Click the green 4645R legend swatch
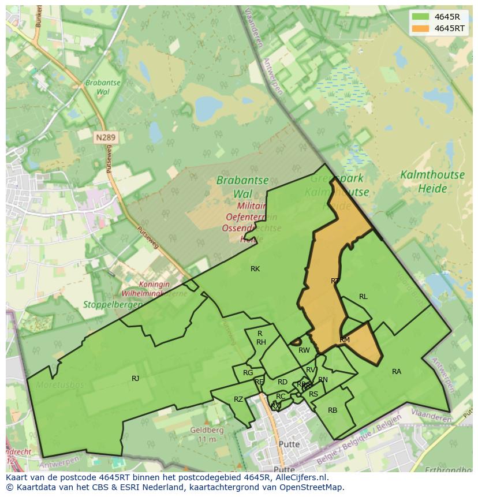tap(421, 17)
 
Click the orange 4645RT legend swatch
tap(421, 28)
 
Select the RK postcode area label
tap(255, 269)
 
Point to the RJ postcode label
tap(135, 379)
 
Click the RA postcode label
tap(396, 372)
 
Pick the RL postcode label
tap(363, 297)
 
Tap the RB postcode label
tap(333, 410)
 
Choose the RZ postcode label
tap(238, 399)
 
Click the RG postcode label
tap(248, 373)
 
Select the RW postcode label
tap(304, 350)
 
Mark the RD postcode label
tap(282, 382)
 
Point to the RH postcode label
tap(261, 342)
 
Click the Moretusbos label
tap(60, 384)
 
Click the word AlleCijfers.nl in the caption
tap(299, 477)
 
